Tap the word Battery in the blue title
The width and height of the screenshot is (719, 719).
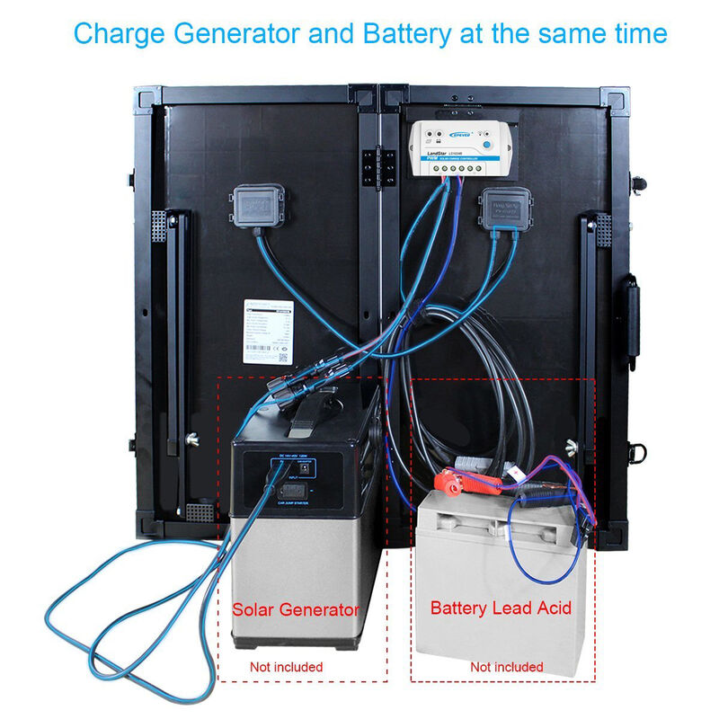coord(406,34)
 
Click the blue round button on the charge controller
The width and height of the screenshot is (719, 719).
coord(486,144)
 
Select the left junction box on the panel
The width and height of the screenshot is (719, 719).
coord(258,206)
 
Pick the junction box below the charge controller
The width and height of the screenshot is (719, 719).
coord(502,210)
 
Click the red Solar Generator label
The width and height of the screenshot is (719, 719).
coord(295,609)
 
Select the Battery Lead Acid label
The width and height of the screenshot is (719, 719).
coord(501,608)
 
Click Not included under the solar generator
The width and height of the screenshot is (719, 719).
coord(286,667)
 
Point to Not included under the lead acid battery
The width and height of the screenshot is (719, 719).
coord(506,667)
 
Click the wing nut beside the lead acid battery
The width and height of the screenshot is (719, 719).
coord(573,444)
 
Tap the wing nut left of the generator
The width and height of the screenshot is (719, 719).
coord(191,440)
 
